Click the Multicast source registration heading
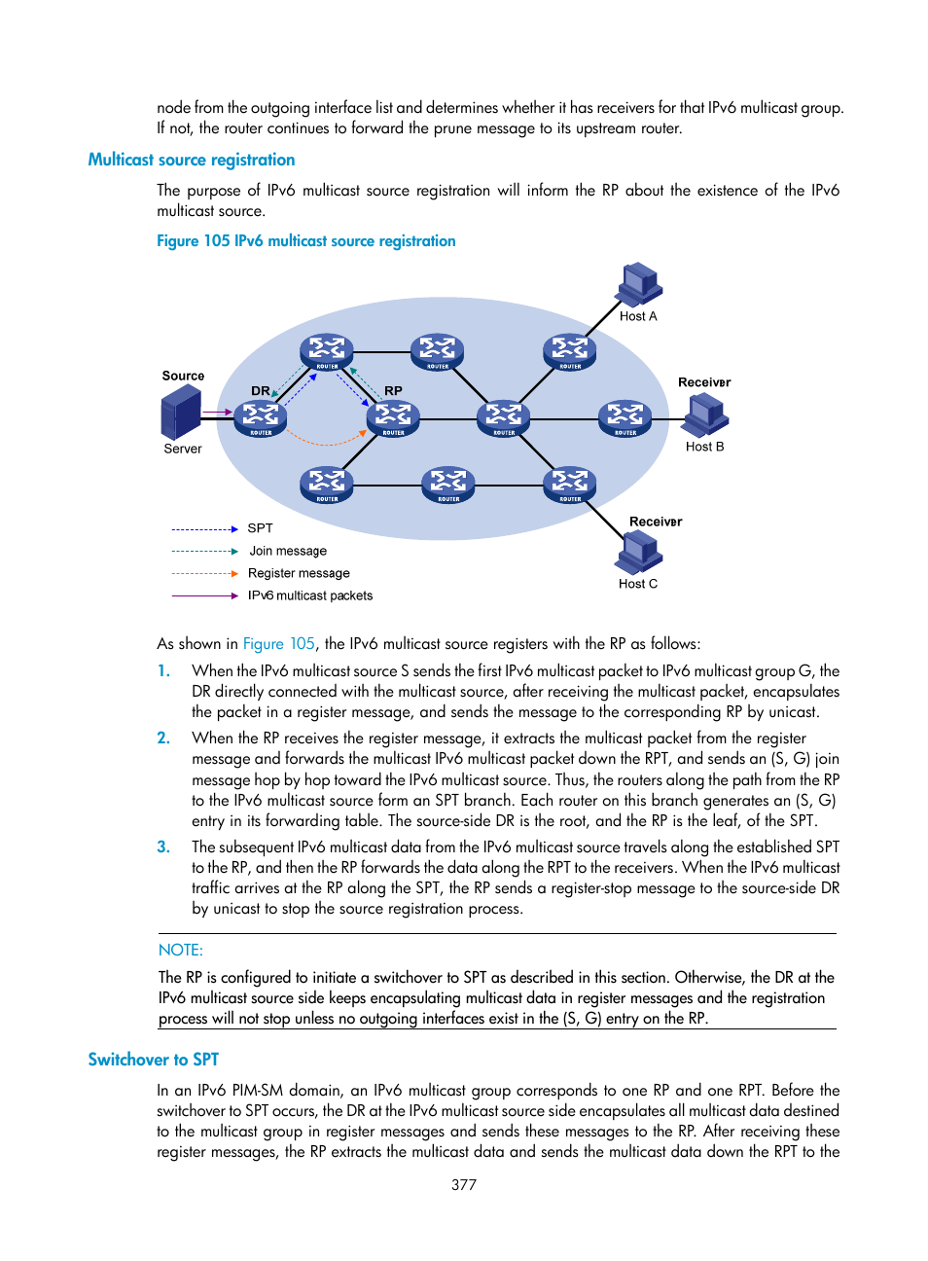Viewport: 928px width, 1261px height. click(192, 160)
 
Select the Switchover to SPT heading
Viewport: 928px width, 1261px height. click(153, 1060)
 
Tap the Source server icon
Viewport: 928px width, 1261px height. click(181, 412)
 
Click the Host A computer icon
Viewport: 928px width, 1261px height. click(638, 284)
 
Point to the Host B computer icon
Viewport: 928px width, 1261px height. click(705, 415)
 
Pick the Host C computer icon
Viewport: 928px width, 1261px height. click(638, 553)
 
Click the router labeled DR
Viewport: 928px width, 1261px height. click(261, 418)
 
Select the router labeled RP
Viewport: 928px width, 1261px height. click(393, 417)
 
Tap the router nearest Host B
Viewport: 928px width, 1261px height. click(625, 418)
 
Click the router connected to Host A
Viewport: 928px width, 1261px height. click(569, 351)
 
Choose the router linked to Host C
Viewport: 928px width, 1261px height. click(569, 484)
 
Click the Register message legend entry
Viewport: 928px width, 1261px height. click(299, 573)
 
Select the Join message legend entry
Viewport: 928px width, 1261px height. click(288, 551)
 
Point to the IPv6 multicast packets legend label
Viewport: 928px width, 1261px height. click(310, 595)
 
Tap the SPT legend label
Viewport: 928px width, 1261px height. click(260, 528)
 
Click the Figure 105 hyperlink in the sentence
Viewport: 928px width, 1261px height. click(278, 644)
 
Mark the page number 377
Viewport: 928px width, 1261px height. click(464, 1184)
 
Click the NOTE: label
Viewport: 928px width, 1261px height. click(181, 950)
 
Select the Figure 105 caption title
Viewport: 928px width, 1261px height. click(305, 241)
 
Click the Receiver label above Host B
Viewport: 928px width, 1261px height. click(703, 382)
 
